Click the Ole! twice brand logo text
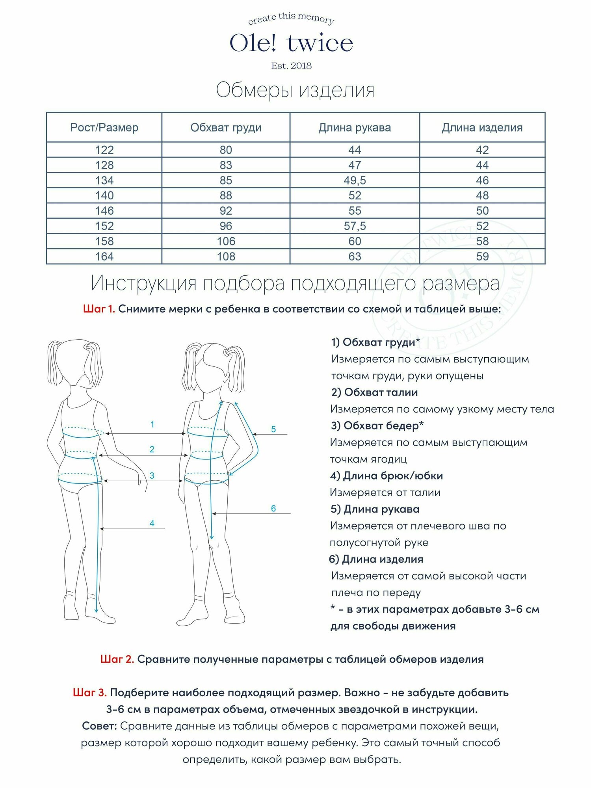291,43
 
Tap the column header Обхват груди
226,128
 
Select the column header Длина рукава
355,128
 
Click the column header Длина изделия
482,128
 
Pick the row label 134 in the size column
104,180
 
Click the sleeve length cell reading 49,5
355,180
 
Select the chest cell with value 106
226,241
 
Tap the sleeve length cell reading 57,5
355,226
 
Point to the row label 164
104,256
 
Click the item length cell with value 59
482,256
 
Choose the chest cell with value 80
226,150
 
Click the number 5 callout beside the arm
273,429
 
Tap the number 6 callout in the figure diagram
273,508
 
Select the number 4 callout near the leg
152,523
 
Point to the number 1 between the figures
152,424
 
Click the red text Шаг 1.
99,309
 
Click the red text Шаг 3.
90,692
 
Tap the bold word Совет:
99,726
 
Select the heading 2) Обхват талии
374,392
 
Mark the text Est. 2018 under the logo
291,66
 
